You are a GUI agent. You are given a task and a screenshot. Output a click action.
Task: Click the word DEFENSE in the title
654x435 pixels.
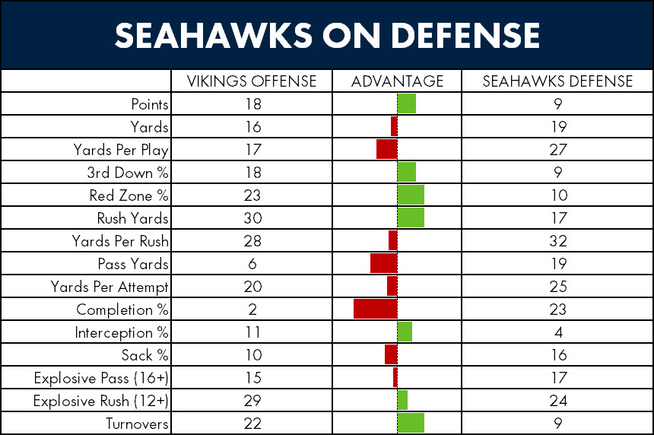point(465,35)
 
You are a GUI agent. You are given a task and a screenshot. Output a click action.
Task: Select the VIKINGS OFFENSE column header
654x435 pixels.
point(252,81)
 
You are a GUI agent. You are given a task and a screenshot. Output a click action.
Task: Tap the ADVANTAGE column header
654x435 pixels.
point(397,81)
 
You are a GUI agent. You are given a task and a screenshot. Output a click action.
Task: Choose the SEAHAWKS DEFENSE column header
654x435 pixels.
point(557,81)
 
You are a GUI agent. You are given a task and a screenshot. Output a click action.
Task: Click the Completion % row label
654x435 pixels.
point(122,310)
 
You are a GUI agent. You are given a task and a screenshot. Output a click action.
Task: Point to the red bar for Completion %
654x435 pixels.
point(376,309)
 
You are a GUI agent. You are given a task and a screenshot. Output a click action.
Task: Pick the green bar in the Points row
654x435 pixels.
point(407,103)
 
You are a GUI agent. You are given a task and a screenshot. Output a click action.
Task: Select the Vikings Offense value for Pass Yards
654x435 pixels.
point(252,264)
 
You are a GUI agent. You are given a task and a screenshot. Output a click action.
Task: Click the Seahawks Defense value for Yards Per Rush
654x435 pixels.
point(558,240)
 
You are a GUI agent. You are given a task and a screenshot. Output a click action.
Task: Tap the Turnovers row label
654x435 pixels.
point(137,424)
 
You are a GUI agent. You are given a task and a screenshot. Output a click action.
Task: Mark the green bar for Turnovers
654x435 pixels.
point(411,423)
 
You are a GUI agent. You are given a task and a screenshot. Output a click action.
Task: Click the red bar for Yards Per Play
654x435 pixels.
point(386,149)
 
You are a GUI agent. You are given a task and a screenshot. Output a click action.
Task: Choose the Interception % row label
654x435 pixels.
point(122,332)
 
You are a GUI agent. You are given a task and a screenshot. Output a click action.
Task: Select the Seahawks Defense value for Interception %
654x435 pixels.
point(558,332)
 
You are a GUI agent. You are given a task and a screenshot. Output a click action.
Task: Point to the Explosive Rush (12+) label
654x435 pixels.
point(101,401)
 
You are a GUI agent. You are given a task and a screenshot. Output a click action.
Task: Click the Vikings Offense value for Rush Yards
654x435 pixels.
point(252,217)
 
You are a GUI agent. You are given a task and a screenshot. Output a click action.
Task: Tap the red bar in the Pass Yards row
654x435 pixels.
point(384,264)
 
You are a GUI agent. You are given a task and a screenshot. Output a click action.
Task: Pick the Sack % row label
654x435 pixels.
point(144,355)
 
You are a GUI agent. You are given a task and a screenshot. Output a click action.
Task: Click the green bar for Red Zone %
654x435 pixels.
point(411,195)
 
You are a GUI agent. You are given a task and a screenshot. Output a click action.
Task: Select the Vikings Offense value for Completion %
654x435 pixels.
point(252,309)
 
